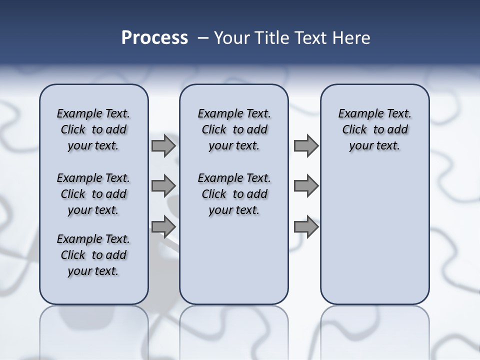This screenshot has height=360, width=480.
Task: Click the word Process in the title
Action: pyautogui.click(x=154, y=38)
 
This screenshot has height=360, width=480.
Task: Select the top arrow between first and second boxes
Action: pyautogui.click(x=163, y=146)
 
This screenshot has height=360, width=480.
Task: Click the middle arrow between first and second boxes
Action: pyautogui.click(x=163, y=185)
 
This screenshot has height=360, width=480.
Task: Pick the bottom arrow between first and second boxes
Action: pyautogui.click(x=163, y=227)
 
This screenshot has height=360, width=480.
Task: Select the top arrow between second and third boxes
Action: pyautogui.click(x=306, y=146)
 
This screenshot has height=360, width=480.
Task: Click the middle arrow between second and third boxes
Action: pyautogui.click(x=306, y=185)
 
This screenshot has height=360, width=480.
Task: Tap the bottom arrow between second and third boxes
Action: pyautogui.click(x=306, y=227)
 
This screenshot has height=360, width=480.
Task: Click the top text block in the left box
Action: pyautogui.click(x=93, y=129)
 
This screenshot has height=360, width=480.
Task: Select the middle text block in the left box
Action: pyautogui.click(x=93, y=194)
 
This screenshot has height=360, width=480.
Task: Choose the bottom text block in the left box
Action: pyautogui.click(x=93, y=255)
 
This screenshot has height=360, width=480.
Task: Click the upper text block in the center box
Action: pyautogui.click(x=234, y=129)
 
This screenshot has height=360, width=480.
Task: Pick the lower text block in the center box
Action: pyautogui.click(x=234, y=194)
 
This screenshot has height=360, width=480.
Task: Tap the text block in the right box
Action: pyautogui.click(x=374, y=129)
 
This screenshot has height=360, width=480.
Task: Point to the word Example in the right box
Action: pyautogui.click(x=357, y=114)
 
